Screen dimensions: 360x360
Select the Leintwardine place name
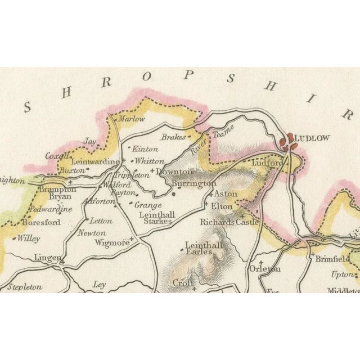(95, 161)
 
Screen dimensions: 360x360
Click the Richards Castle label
(229, 222)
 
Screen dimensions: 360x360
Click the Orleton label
(264, 269)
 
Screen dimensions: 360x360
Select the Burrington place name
(193, 183)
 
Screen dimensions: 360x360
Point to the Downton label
(174, 172)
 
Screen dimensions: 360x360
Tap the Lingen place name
(47, 257)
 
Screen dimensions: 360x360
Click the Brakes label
(173, 137)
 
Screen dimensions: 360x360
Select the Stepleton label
(25, 287)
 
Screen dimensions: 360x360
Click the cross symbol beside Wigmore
(132, 239)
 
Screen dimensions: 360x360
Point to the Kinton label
(145, 150)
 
